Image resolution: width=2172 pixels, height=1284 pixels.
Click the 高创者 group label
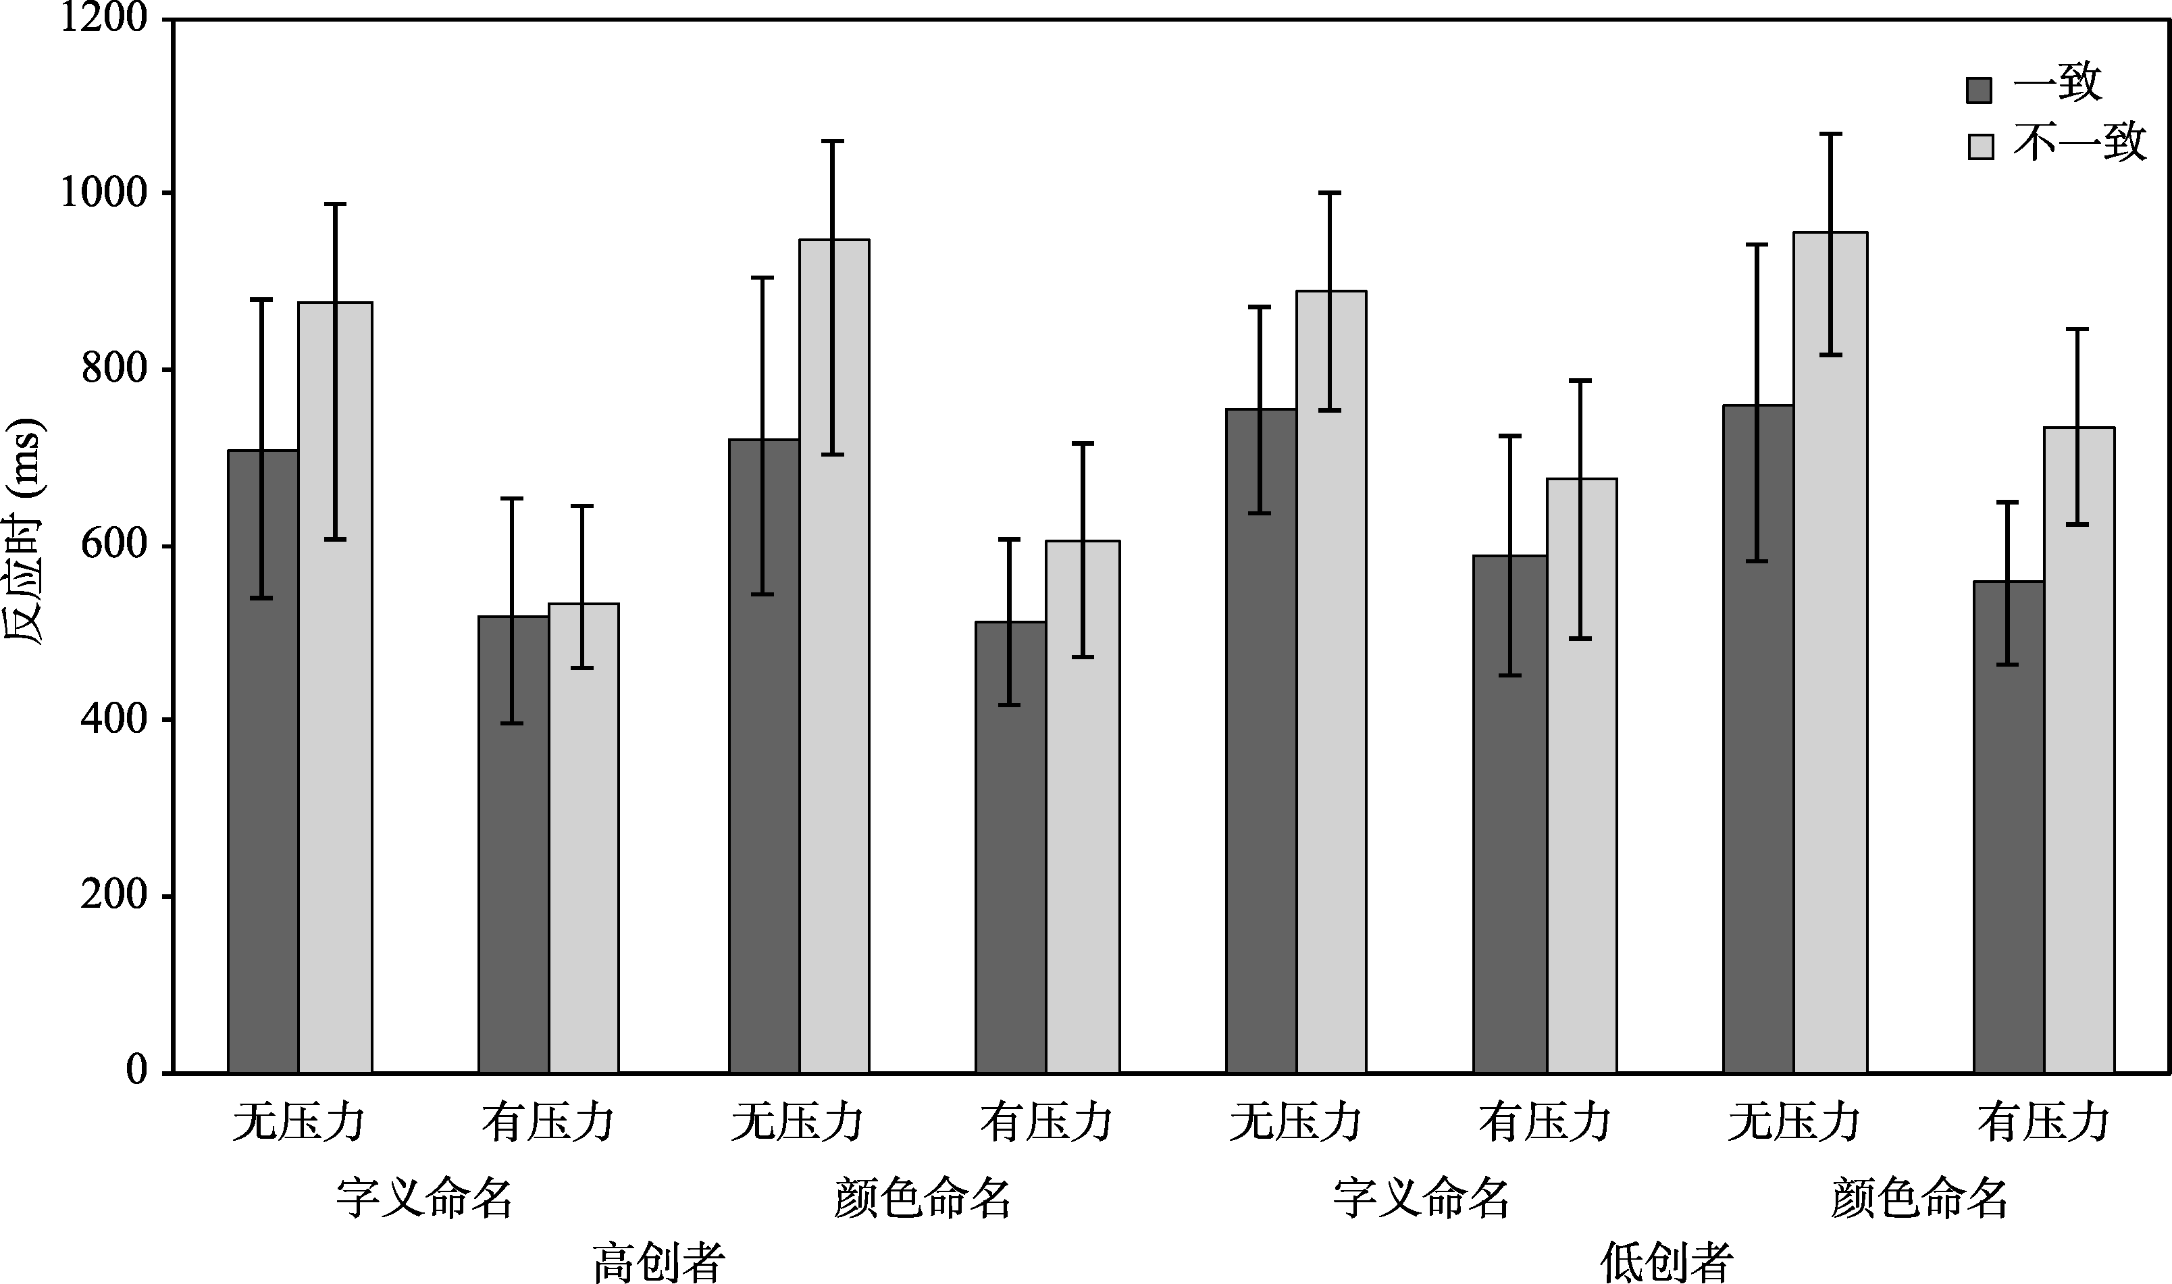click(x=659, y=1262)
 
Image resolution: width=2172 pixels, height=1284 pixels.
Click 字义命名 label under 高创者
click(x=425, y=1198)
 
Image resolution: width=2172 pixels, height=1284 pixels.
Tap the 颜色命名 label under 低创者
click(x=1920, y=1198)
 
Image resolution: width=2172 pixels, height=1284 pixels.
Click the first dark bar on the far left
click(x=263, y=761)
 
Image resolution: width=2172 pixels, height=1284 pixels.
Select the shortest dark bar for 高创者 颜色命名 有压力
click(x=1010, y=847)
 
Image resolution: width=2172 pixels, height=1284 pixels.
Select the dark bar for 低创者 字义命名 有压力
click(x=1510, y=813)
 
